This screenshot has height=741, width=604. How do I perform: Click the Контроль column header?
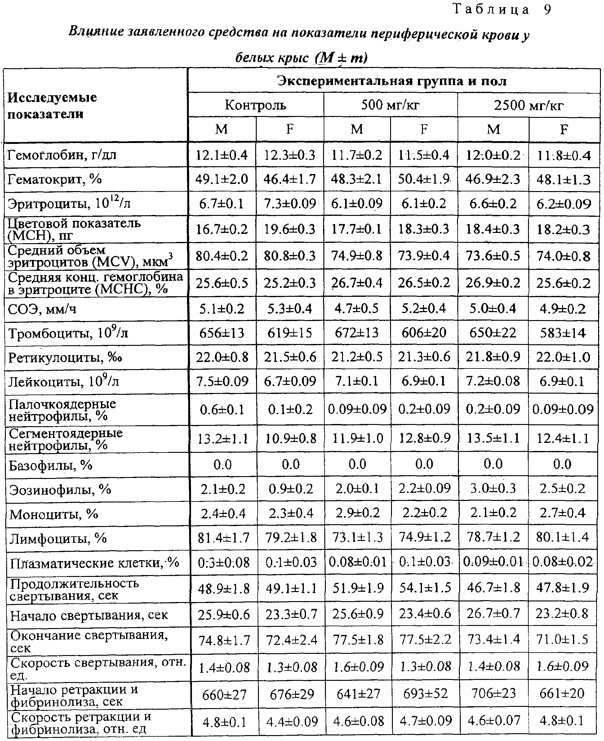tap(255, 105)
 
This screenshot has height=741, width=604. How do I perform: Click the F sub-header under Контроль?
tap(290, 129)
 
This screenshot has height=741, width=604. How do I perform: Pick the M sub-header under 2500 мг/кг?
tap(493, 129)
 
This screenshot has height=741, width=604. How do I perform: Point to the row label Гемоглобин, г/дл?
tap(62, 154)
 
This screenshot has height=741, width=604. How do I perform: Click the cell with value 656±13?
tap(222, 333)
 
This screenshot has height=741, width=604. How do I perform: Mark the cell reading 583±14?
tap(563, 333)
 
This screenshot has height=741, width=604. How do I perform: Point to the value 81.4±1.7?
tap(223, 538)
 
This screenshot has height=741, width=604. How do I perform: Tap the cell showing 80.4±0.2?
tap(222, 256)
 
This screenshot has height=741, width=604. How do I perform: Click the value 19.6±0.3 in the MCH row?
tap(290, 229)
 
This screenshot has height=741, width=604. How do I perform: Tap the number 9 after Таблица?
tap(547, 10)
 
